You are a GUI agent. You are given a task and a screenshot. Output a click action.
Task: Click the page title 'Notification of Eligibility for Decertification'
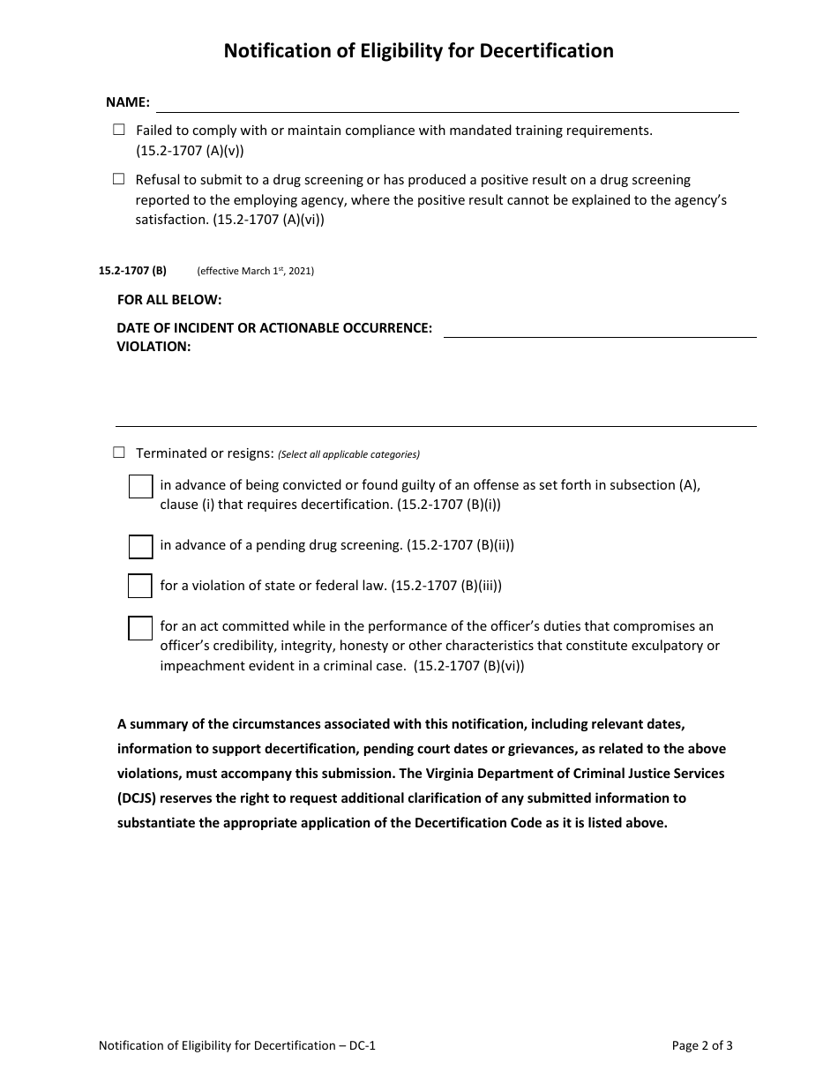click(418, 51)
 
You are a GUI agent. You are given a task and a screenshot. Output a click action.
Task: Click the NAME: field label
click(128, 102)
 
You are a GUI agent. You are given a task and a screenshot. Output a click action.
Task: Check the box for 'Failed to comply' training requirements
click(119, 130)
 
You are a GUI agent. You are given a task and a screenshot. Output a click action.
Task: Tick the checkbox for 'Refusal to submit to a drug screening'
click(119, 179)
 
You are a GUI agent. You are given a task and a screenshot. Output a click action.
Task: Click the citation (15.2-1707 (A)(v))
click(190, 151)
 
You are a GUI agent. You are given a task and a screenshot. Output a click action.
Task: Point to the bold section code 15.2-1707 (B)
click(132, 271)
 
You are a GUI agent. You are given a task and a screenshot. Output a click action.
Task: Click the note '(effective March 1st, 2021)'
click(255, 272)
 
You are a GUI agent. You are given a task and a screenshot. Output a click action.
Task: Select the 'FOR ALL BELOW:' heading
click(169, 300)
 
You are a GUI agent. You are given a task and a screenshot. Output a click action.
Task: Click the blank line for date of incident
click(599, 329)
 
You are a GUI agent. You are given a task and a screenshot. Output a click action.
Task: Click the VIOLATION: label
click(153, 347)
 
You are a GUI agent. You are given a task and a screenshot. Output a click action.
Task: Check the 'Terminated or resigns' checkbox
click(119, 453)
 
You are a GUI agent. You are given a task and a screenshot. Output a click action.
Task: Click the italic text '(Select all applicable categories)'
click(348, 455)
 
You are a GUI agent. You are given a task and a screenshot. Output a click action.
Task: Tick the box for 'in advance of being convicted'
click(140, 486)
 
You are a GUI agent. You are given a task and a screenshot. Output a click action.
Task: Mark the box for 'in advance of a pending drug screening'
click(140, 546)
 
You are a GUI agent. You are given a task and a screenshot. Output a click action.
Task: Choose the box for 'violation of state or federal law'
click(140, 586)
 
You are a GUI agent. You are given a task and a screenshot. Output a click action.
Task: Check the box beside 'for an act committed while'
click(140, 628)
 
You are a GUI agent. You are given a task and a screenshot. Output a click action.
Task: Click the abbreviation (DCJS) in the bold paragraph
click(138, 798)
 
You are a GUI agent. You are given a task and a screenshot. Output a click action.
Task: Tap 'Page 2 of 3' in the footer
click(702, 1046)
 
